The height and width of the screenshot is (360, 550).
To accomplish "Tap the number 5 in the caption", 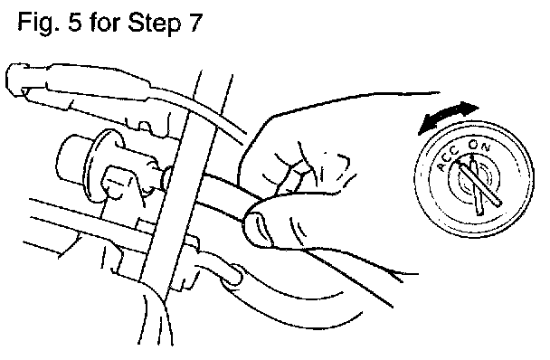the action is coord(75,22).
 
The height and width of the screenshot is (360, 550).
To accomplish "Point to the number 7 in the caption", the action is coord(196,22).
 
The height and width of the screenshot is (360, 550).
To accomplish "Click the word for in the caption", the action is coord(105,22).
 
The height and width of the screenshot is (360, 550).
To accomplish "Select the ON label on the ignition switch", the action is coord(479,146).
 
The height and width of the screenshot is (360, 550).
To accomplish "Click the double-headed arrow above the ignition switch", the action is coord(449,118).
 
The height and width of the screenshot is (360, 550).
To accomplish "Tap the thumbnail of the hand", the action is coord(258,230).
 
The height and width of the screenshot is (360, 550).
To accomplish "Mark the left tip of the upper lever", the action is coord(8,79).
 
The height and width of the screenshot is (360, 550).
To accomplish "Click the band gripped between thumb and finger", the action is coord(224,196).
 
